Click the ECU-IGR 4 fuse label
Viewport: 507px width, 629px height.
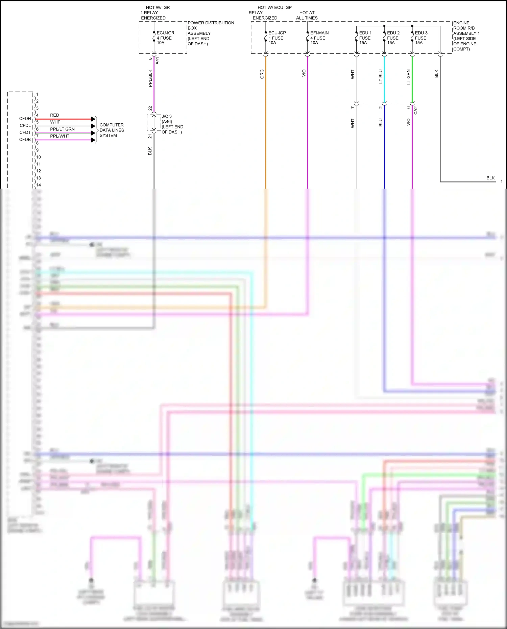coord(165,38)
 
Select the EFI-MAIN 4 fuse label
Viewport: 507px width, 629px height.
coord(319,38)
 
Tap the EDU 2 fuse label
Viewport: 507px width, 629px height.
coord(393,38)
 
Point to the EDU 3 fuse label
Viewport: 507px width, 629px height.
coord(421,38)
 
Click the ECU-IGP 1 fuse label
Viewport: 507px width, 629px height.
coord(277,38)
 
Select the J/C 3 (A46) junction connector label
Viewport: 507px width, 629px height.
coord(172,124)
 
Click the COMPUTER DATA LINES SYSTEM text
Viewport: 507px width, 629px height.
coord(112,130)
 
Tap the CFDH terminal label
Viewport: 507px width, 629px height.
coord(25,119)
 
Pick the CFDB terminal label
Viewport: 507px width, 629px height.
coord(25,140)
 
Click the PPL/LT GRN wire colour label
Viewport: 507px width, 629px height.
coord(62,129)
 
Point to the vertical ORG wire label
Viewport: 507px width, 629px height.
coord(262,74)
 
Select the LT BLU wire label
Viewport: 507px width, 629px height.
coord(381,77)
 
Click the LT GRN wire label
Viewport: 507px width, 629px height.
coord(408,77)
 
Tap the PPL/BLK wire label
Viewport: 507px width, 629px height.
coord(150,78)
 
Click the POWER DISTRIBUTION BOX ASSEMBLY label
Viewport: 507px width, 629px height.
coord(210,33)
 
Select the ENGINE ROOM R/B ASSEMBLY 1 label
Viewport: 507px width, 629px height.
coord(466,36)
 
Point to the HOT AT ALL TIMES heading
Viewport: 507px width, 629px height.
coord(307,15)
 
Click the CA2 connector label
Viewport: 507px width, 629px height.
coord(416,110)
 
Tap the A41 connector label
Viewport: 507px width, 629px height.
coord(157,61)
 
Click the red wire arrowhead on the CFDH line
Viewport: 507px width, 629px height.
coord(94,119)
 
